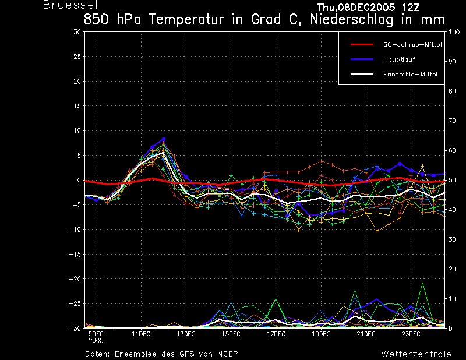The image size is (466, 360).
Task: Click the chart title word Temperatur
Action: click(x=186, y=20)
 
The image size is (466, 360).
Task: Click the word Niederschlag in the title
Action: click(x=352, y=20)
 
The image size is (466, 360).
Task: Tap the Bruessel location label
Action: click(x=70, y=5)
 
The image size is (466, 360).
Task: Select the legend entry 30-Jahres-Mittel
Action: click(x=412, y=45)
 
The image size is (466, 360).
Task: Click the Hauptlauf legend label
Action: click(x=399, y=59)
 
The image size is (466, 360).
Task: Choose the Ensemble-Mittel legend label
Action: click(x=410, y=75)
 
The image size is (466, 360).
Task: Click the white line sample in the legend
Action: click(x=362, y=75)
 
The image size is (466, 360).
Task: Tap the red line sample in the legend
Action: click(x=362, y=45)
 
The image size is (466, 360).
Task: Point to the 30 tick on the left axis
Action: click(x=77, y=32)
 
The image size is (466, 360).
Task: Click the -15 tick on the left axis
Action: click(x=75, y=255)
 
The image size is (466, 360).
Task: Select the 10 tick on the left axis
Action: click(x=77, y=131)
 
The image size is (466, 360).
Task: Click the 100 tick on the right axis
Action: click(x=454, y=32)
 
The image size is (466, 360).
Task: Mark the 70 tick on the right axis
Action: click(x=452, y=121)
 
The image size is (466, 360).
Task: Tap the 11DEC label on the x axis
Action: click(x=141, y=334)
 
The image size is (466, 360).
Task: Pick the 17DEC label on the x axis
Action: click(x=276, y=334)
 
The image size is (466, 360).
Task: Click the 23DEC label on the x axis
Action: click(x=411, y=334)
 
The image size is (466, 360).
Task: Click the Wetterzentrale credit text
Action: click(x=416, y=354)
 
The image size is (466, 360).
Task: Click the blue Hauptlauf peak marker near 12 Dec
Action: click(x=164, y=139)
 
